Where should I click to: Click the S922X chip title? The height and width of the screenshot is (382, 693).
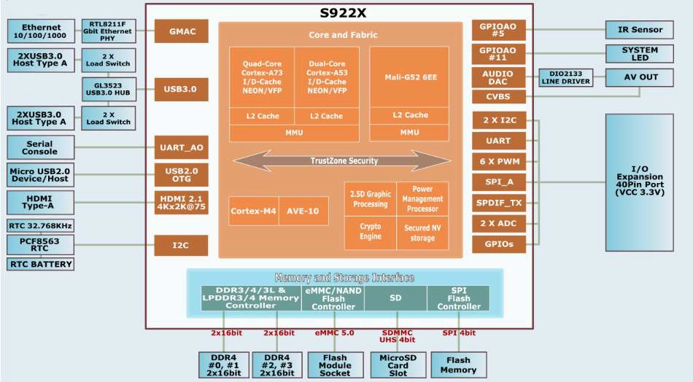click(343, 13)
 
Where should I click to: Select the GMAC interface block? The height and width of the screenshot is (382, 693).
click(181, 31)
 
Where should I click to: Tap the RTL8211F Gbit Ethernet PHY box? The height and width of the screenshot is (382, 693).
click(108, 31)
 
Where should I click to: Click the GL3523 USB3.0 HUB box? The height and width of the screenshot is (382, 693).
click(109, 89)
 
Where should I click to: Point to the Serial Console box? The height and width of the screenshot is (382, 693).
click(40, 147)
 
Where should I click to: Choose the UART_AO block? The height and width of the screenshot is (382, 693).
click(181, 147)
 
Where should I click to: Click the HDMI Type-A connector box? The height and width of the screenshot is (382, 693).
click(40, 203)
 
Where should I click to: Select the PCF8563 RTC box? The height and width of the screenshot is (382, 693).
click(40, 245)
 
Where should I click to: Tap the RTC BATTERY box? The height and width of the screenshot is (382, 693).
click(40, 264)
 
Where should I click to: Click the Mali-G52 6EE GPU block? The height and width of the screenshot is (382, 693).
click(409, 77)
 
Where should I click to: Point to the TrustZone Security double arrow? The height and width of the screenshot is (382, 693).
click(342, 161)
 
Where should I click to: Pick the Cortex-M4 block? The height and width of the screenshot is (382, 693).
click(253, 211)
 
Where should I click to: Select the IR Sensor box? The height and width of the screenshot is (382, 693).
click(640, 30)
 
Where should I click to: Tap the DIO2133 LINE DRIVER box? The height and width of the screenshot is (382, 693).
click(566, 78)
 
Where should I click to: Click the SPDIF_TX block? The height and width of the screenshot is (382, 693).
click(499, 203)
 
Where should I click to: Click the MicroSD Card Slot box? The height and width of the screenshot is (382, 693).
click(398, 365)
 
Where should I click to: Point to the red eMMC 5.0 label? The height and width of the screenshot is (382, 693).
click(334, 333)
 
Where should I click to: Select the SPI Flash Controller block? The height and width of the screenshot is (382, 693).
click(459, 298)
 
